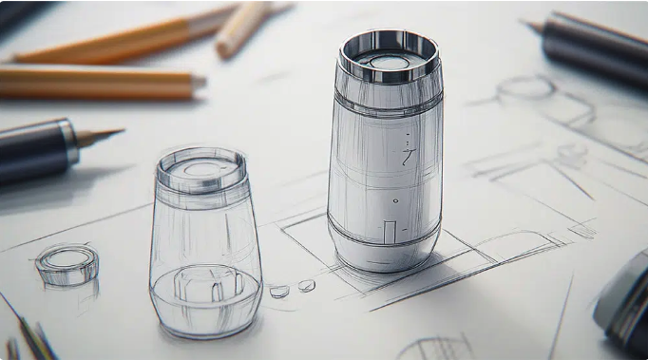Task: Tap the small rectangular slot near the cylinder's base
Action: click(390, 231)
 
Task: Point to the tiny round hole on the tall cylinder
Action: click(395, 200)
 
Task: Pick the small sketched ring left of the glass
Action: click(67, 263)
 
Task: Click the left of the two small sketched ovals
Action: click(278, 292)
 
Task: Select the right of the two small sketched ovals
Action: click(306, 285)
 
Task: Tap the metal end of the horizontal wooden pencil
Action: click(197, 84)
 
